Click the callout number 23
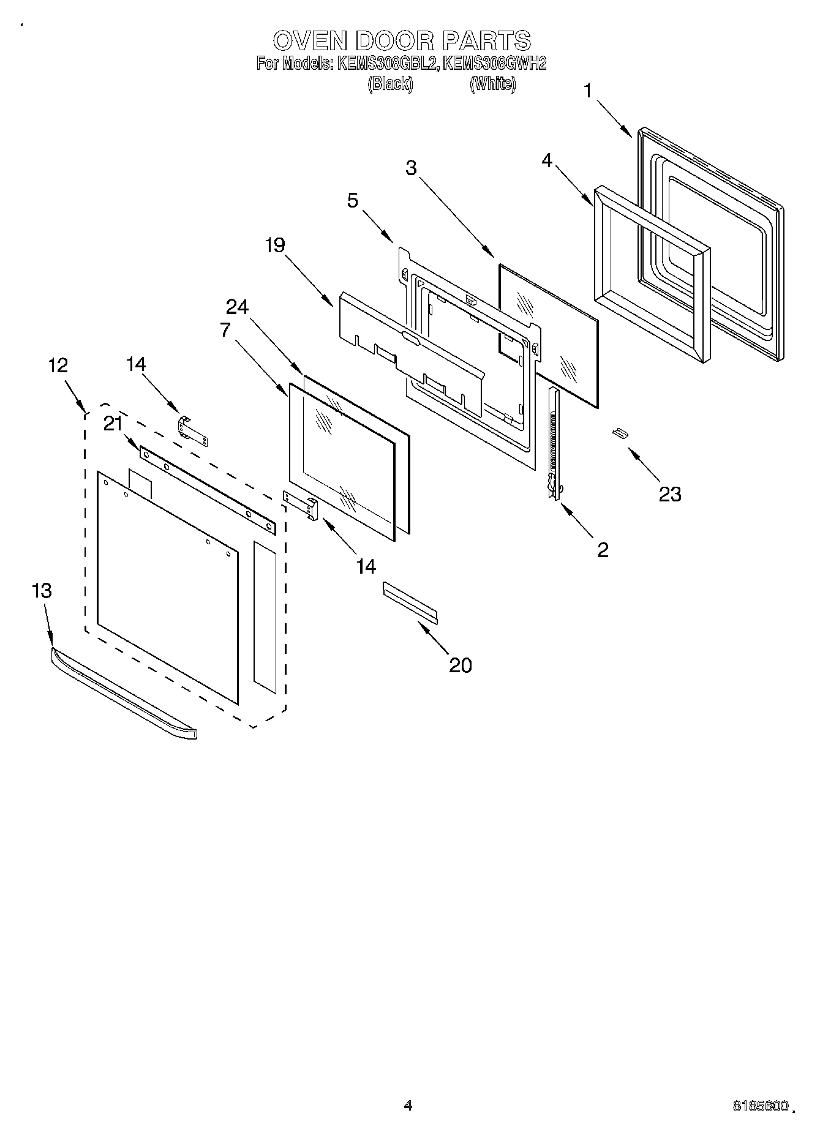coord(669,494)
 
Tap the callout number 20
coord(461,665)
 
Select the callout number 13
coord(42,591)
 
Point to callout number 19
coord(275,246)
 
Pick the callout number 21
coord(113,423)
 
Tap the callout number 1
coord(588,91)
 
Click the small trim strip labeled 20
coord(410,603)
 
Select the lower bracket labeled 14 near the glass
coord(301,504)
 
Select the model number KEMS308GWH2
coord(494,63)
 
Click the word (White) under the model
coord(492,84)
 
